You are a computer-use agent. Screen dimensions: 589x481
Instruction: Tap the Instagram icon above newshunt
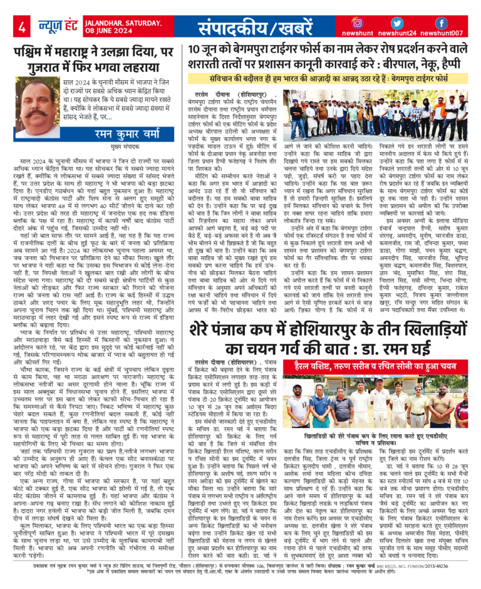[x=358, y=22]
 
